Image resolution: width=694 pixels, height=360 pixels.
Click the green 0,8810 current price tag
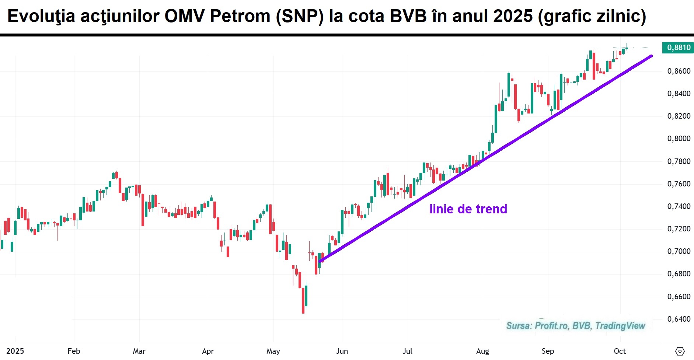pyautogui.click(x=678, y=48)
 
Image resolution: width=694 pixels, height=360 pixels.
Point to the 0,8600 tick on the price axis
pyautogui.click(x=679, y=71)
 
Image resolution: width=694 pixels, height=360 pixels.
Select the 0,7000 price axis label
pyautogui.click(x=679, y=251)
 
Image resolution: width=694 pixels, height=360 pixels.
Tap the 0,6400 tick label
pyautogui.click(x=679, y=319)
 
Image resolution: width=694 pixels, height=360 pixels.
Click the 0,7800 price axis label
pyautogui.click(x=679, y=161)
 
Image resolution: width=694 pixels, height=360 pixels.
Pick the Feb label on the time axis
pyautogui.click(x=74, y=351)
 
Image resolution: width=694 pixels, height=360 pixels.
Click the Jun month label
pyautogui.click(x=342, y=351)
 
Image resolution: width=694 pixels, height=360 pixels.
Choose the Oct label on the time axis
pyautogui.click(x=620, y=351)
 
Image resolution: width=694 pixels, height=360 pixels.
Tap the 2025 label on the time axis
pyautogui.click(x=15, y=351)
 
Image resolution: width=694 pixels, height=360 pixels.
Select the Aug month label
pyautogui.click(x=482, y=351)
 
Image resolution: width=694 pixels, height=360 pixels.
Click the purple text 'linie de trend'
pyautogui.click(x=468, y=209)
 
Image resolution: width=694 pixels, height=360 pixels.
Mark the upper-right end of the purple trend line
pyautogui.click(x=651, y=56)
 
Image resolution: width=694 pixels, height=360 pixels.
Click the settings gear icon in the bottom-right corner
pyautogui.click(x=680, y=351)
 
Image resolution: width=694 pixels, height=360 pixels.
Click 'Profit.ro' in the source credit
pyautogui.click(x=551, y=326)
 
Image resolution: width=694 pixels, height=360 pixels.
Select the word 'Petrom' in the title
pyautogui.click(x=240, y=16)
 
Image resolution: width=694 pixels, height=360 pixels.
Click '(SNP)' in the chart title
pyautogui.click(x=300, y=16)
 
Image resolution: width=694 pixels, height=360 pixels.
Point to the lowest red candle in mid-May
pyautogui.click(x=303, y=300)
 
